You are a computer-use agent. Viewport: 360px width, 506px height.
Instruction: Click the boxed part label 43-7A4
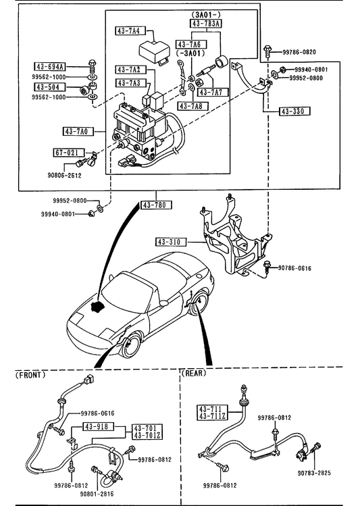point(130,31)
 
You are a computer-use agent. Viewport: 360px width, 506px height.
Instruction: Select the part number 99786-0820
point(299,52)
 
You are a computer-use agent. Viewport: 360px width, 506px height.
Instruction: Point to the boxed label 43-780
point(156,205)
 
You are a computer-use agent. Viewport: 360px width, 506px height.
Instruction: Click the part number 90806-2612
point(64,176)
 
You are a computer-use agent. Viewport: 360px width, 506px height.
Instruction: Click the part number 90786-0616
point(294,268)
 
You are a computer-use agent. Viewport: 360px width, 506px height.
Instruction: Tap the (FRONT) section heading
point(30,375)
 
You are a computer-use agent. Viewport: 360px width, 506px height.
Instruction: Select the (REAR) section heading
point(194,373)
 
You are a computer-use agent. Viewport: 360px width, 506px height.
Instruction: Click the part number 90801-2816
point(97,494)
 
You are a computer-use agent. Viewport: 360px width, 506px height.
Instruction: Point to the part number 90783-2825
point(314,473)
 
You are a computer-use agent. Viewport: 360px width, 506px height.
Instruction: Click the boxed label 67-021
point(68,152)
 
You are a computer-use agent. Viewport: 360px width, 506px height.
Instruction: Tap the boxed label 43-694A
point(50,67)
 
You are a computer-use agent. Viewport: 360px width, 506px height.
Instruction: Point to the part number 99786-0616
point(97,413)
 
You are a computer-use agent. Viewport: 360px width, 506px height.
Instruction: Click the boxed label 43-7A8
point(193,106)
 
